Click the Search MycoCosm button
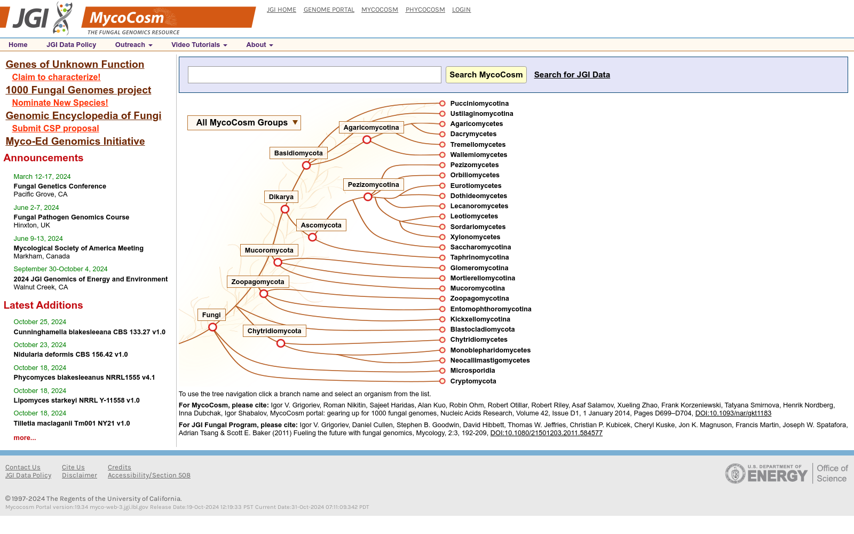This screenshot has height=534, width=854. [x=486, y=75]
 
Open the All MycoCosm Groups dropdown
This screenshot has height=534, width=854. [x=244, y=123]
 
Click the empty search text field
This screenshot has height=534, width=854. [x=314, y=75]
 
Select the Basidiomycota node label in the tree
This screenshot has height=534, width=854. [x=298, y=153]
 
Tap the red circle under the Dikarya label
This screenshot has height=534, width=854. [x=285, y=209]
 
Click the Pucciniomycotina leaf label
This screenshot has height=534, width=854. [x=479, y=104]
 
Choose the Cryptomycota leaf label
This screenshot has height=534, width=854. [x=473, y=381]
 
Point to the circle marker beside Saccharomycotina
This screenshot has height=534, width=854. [x=442, y=247]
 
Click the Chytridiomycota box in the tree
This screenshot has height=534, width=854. [x=274, y=331]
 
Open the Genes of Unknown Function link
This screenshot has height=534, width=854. [x=75, y=64]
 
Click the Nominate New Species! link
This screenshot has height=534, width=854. [x=60, y=103]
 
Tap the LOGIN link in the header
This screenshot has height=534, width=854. [x=461, y=10]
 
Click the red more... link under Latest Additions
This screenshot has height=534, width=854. [x=25, y=437]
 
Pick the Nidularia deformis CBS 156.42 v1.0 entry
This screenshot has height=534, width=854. [x=70, y=355]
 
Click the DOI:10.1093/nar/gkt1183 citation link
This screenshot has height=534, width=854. [x=733, y=413]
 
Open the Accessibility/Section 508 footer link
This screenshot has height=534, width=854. [x=149, y=475]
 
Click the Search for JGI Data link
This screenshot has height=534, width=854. [x=572, y=75]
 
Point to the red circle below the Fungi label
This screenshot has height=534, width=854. [x=213, y=327]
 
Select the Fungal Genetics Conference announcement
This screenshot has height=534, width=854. [x=60, y=186]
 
